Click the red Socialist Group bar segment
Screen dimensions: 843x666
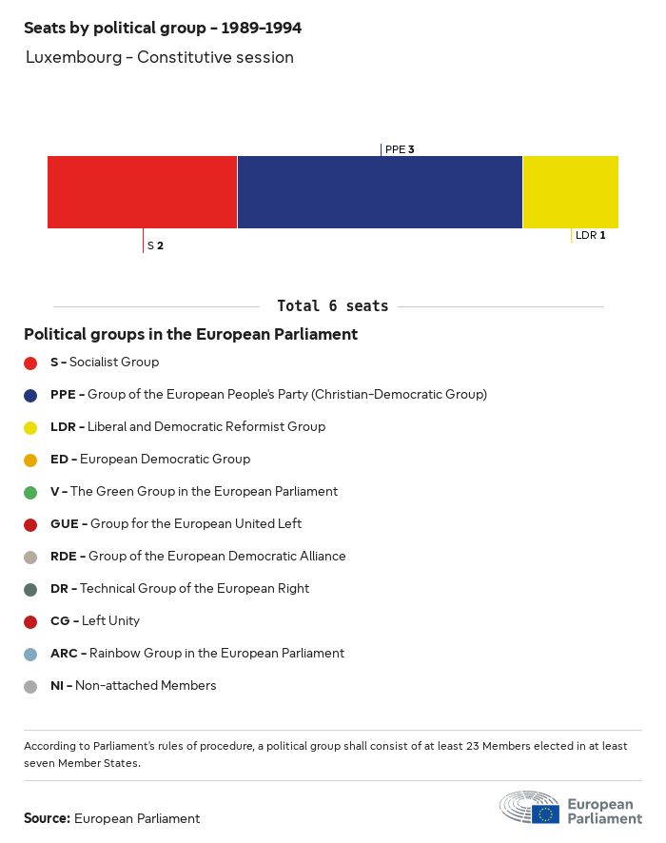[142, 192]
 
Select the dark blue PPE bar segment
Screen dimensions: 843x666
[380, 192]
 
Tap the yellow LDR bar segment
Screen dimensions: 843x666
[571, 192]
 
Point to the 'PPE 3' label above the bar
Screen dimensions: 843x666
[400, 149]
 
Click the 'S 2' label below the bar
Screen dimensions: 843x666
[155, 245]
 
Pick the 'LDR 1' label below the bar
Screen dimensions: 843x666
[590, 235]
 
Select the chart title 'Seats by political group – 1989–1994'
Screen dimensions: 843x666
[163, 29]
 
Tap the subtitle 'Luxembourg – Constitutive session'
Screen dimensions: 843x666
[160, 57]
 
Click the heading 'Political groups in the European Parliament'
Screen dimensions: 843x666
[190, 335]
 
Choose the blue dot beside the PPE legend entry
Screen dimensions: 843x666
[30, 395]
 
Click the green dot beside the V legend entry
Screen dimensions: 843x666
[30, 492]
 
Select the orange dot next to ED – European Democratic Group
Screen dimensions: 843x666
[30, 460]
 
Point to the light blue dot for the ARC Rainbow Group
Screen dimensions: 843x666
[30, 654]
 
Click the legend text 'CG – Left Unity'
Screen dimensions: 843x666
[95, 621]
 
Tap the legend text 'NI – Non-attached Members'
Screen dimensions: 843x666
[133, 686]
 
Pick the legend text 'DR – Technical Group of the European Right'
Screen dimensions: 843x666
[180, 589]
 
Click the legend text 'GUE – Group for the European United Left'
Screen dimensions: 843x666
[176, 524]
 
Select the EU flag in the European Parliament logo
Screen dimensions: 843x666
[545, 814]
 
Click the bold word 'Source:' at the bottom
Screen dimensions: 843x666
[47, 818]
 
